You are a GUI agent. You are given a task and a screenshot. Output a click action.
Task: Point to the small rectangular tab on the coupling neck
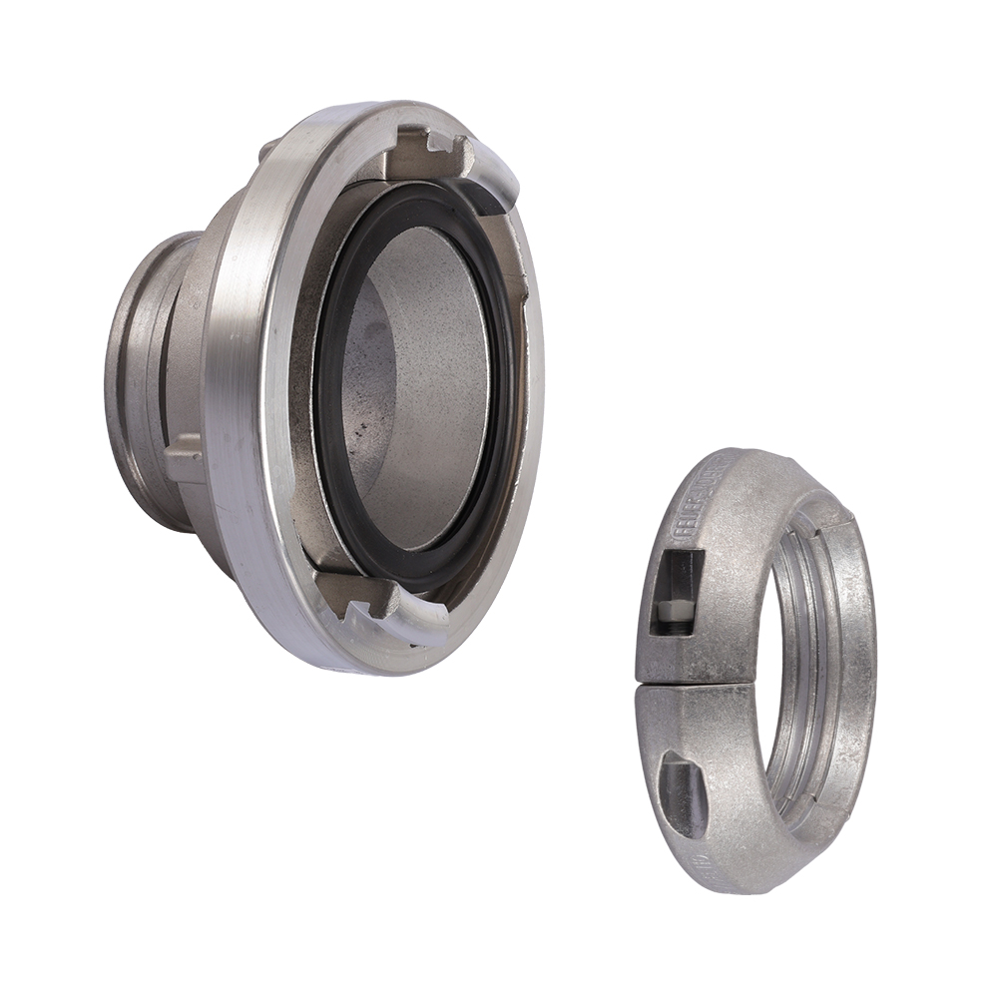tap(186, 461)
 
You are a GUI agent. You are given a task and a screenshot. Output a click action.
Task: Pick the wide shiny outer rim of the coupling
tap(240, 399)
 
